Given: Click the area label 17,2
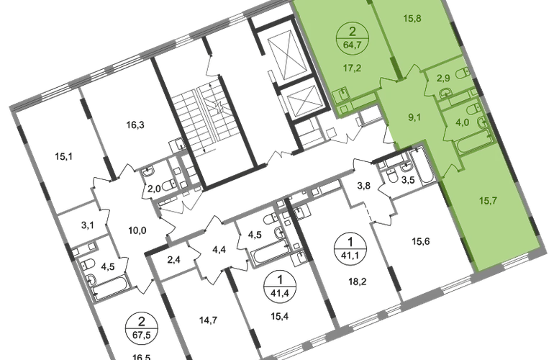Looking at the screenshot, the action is pos(352,68).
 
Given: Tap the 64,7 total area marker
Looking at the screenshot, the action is pos(352,45).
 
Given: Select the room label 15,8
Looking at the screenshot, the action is pos(412,19).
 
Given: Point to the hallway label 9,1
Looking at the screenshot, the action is pos(414,117).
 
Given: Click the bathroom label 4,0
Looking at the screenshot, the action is pos(462,122).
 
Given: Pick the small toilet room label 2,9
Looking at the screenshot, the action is pos(443,78).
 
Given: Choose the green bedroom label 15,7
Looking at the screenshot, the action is pos(488,201).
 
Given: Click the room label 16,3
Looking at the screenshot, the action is pos(135,125).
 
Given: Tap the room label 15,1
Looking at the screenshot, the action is pos(64,156).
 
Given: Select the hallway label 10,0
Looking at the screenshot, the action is pos(137,231).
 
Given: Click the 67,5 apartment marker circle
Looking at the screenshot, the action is pos(141,328).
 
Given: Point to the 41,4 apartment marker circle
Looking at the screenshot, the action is pos(280,286).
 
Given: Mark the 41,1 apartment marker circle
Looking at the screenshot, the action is pos(350,248).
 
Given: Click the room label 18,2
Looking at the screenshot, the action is pos(357,282).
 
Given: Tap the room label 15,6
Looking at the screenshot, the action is pos(421,241).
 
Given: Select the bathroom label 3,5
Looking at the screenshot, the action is pos(408,180).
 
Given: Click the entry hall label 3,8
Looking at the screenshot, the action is pos(363,185).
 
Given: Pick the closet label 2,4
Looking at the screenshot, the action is pos(173,260).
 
